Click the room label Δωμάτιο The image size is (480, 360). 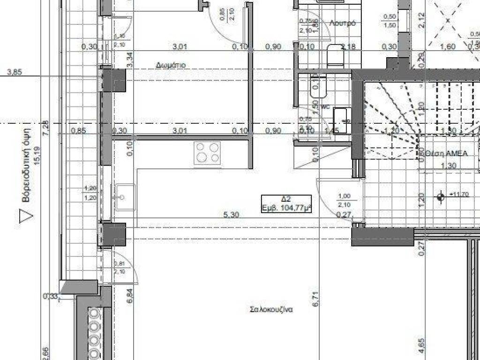point(171,65)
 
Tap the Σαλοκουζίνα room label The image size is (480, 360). point(272,309)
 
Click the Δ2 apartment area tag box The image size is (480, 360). point(288,204)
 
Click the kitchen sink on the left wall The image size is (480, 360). point(124,197)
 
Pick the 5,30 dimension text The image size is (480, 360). point(232,215)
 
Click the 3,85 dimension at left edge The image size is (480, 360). point(15,72)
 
